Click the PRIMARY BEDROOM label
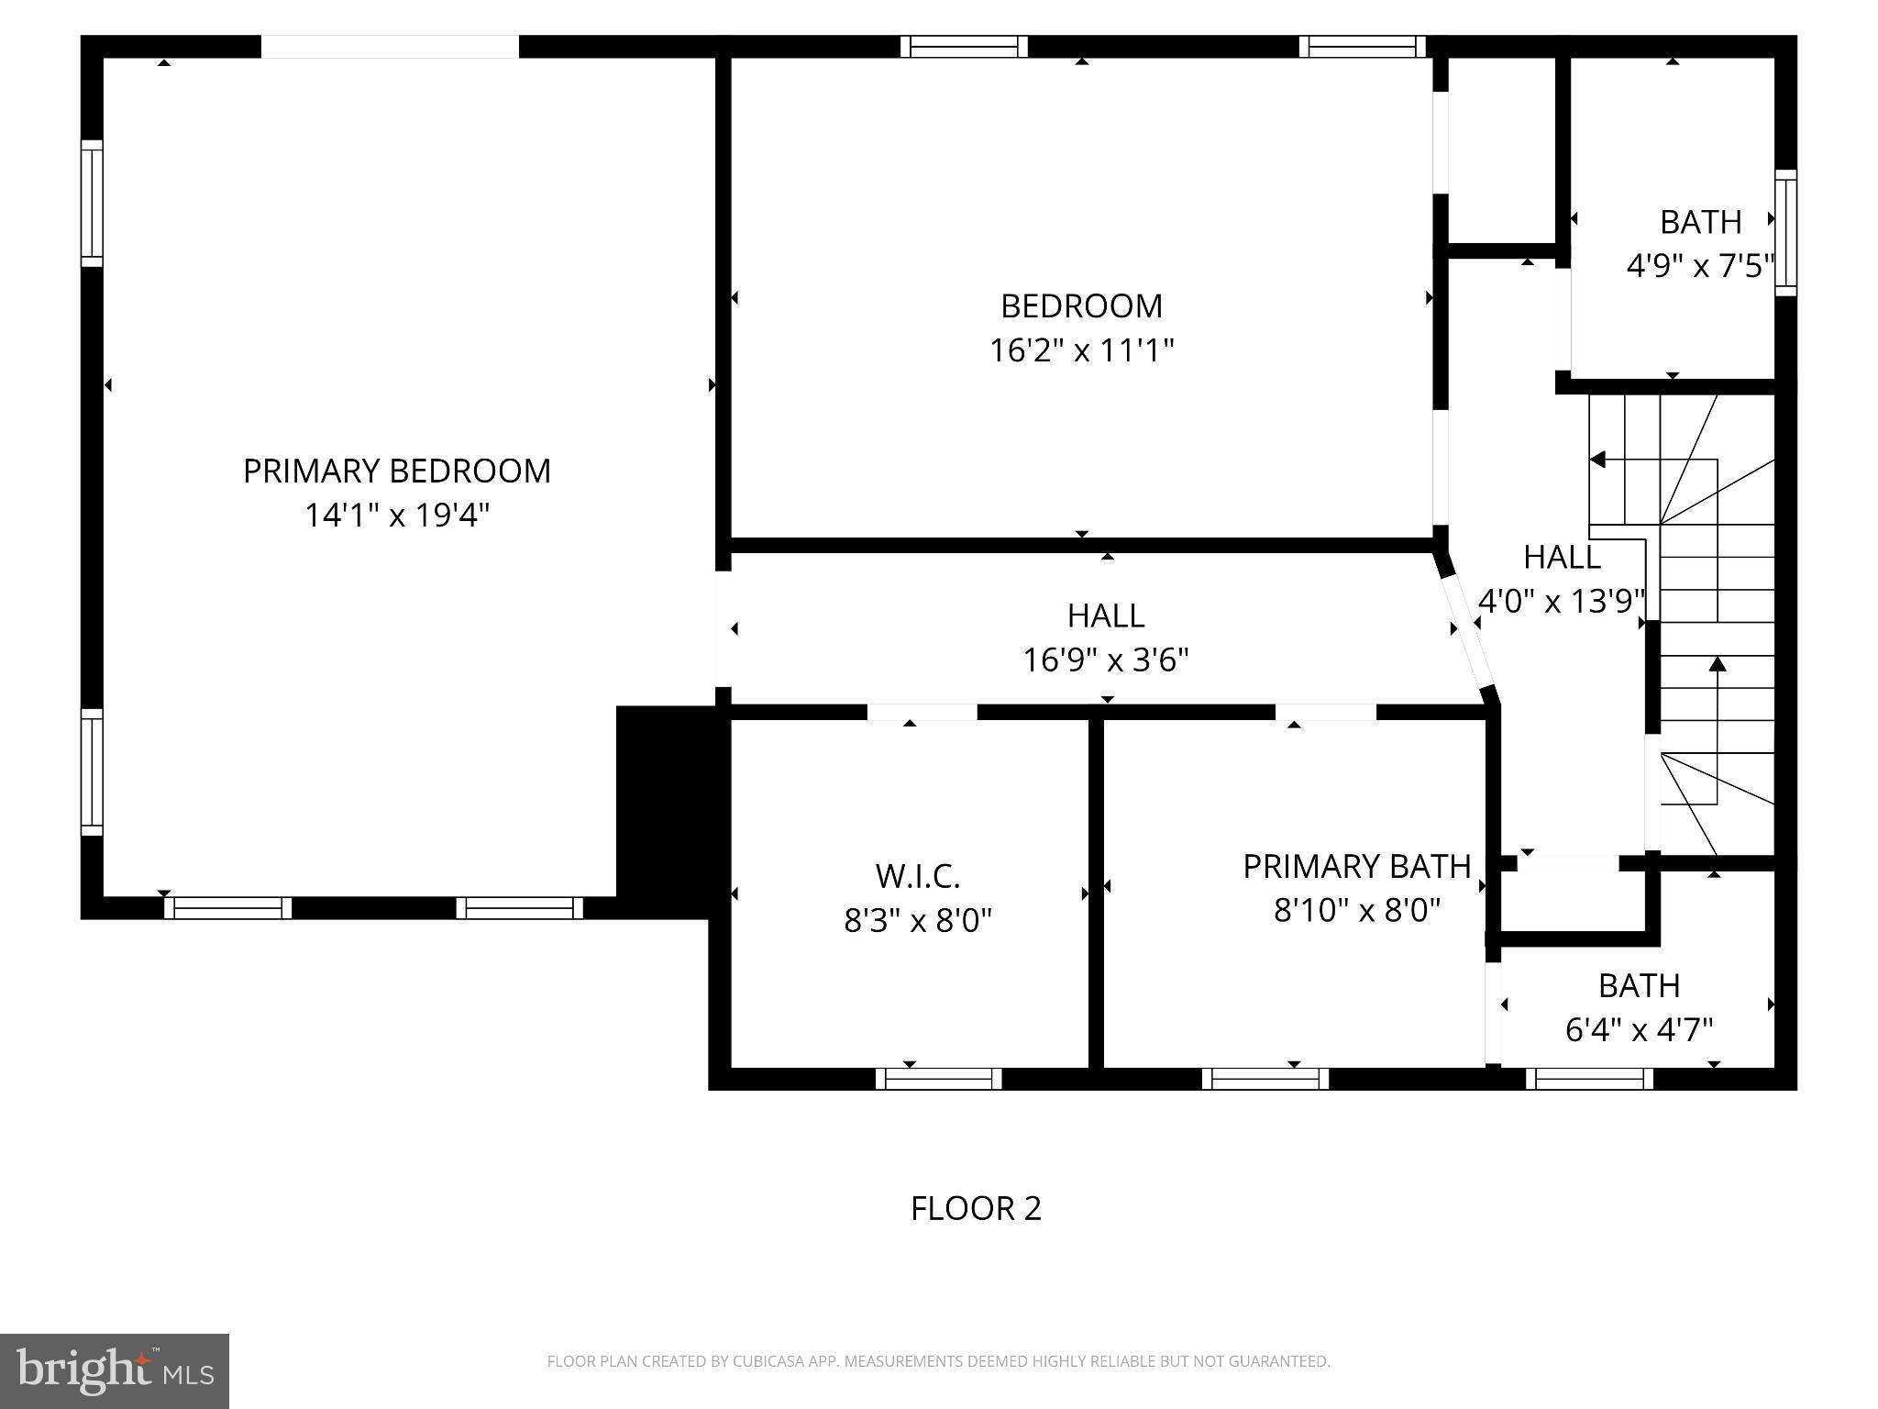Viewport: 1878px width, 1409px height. [x=396, y=471]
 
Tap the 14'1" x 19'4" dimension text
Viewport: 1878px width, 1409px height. [x=396, y=516]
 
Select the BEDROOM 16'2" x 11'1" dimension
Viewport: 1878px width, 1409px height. [x=1081, y=350]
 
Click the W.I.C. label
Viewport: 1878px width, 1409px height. [x=917, y=876]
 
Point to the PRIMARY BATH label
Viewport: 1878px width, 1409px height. [x=1356, y=866]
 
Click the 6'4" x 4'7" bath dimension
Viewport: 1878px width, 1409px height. [x=1638, y=1030]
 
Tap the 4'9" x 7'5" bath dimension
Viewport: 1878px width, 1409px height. [x=1699, y=267]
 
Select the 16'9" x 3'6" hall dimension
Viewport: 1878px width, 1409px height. [x=1105, y=660]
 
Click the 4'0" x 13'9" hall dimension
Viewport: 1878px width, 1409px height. [x=1562, y=602]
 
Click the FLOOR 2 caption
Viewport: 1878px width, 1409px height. [x=976, y=1208]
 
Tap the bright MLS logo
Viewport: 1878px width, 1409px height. [x=115, y=1370]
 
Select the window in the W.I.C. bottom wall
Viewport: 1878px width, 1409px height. [x=938, y=1079]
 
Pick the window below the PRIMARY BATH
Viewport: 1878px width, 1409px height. [x=1265, y=1079]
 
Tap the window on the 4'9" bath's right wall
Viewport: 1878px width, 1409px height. [x=1784, y=232]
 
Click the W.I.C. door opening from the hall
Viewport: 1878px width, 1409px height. [x=922, y=712]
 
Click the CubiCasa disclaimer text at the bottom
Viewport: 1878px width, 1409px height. [x=938, y=1361]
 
